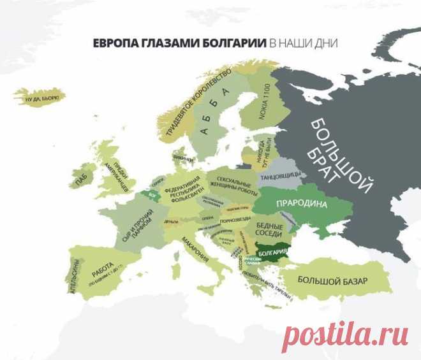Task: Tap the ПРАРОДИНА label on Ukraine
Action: (x=301, y=205)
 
